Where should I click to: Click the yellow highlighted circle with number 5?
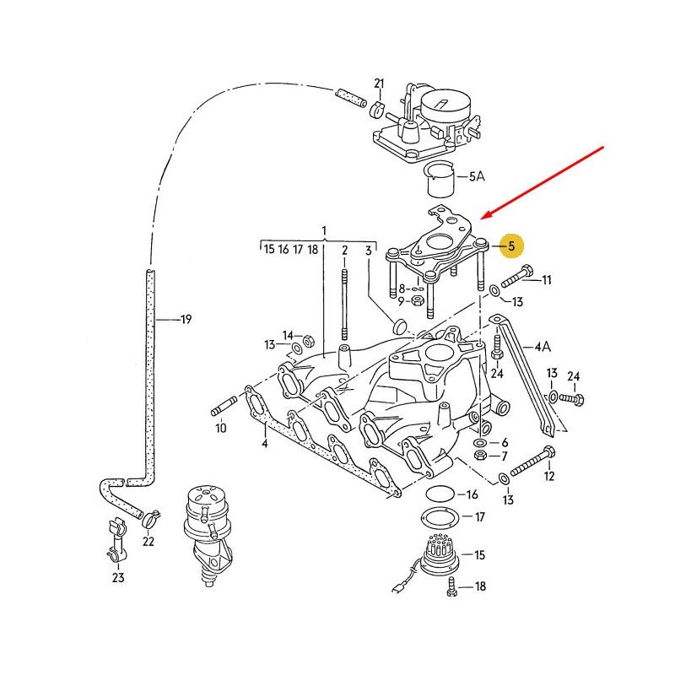point(510,246)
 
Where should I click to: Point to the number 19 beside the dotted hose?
point(186,319)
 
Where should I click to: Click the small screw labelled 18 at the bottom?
point(452,586)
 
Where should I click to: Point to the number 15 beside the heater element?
point(480,555)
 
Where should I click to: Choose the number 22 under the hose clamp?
point(148,542)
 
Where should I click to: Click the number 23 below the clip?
point(118,577)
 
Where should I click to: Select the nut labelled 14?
point(308,342)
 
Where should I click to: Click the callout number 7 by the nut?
point(505,456)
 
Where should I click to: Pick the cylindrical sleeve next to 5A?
point(438,179)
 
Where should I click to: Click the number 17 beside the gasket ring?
point(479,516)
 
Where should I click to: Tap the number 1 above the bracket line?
point(323,230)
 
